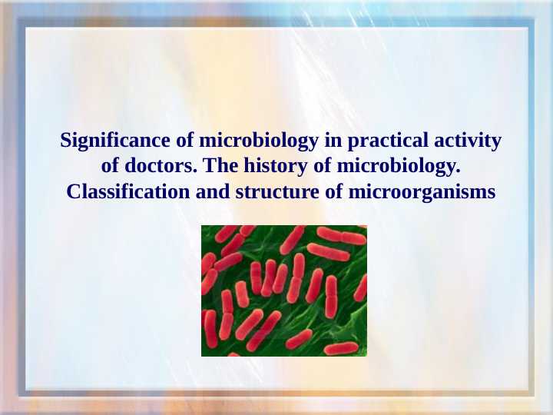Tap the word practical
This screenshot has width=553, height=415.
tap(388, 141)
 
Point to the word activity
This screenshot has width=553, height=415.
tap(467, 141)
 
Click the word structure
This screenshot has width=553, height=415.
tap(277, 191)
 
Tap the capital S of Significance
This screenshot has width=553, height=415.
tap(66, 141)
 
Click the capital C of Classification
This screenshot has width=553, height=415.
tap(73, 191)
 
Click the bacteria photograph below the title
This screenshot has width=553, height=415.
tap(284, 290)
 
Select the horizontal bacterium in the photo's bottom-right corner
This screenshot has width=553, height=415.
tap(341, 348)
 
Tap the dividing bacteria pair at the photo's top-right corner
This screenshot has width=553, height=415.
tap(341, 236)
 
